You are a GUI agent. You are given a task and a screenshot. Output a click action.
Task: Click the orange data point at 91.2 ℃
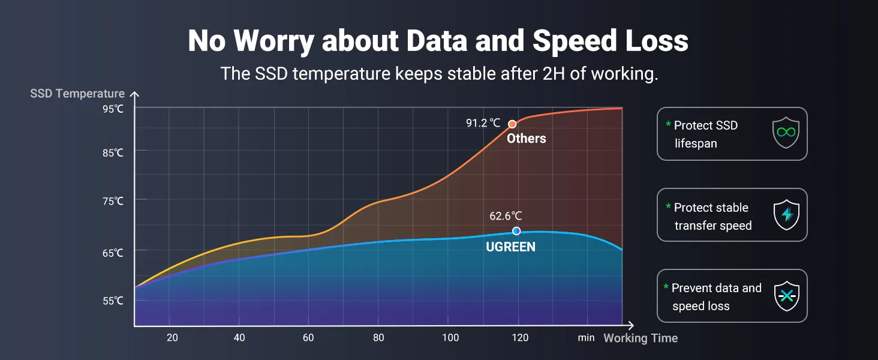[x=512, y=124]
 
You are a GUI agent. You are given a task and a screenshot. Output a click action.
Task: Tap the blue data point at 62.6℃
[x=516, y=231]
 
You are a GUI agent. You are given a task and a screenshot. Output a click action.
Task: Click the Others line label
[x=527, y=139]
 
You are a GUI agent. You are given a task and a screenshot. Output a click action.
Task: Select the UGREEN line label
[x=510, y=247]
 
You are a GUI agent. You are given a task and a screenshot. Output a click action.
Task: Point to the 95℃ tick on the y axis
[x=113, y=109]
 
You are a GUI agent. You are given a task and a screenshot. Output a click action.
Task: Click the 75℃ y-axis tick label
[x=113, y=201]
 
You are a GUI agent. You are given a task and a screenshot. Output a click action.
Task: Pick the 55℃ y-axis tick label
[x=113, y=301]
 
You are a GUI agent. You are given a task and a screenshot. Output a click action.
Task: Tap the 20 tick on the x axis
[x=173, y=338]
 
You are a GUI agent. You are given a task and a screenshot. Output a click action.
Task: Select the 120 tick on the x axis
[x=520, y=338]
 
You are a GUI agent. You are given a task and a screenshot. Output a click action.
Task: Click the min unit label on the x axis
[x=586, y=338]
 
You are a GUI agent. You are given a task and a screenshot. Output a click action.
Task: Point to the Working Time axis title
[x=641, y=338]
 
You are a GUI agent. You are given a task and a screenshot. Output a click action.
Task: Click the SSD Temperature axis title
[x=77, y=94]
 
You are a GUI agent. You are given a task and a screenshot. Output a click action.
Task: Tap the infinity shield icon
[x=786, y=133]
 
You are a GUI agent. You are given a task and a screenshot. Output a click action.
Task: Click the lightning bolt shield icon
[x=786, y=215]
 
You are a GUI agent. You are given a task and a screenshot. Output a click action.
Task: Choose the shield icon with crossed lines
[x=786, y=296]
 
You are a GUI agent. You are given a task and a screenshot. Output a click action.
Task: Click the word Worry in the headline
[x=273, y=41]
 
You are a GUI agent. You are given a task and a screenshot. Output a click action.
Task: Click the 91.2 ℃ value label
[x=483, y=123]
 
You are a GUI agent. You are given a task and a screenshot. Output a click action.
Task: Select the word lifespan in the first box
[x=696, y=143]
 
